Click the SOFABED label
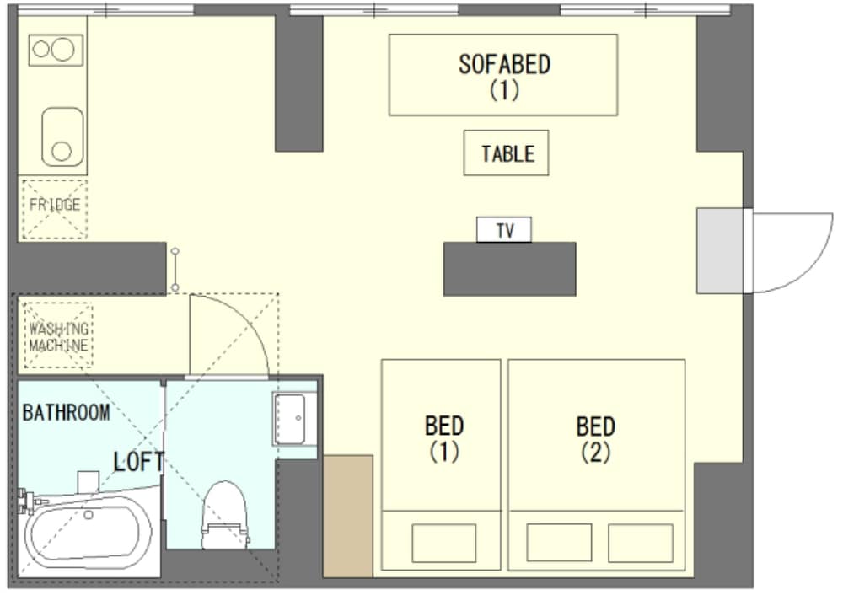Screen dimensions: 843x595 tap(504, 65)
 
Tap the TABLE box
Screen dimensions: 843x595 tap(506, 153)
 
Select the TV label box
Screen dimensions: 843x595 tap(504, 229)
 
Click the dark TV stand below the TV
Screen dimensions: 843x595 tap(510, 269)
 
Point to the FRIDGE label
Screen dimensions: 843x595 tap(54, 205)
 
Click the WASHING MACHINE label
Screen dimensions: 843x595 tap(58, 337)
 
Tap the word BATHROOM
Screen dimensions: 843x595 tap(66, 413)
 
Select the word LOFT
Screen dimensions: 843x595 tap(139, 462)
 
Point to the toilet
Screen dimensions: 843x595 tap(225, 515)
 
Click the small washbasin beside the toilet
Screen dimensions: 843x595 tap(294, 419)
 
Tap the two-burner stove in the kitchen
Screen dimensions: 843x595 tap(56, 50)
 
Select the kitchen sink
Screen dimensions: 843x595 tap(63, 137)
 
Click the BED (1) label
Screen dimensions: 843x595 tap(444, 438)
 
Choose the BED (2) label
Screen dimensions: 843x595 tap(596, 438)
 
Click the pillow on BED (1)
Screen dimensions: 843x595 tap(444, 543)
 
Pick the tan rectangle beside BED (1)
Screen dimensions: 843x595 tap(348, 516)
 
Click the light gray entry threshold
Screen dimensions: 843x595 tap(721, 251)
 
